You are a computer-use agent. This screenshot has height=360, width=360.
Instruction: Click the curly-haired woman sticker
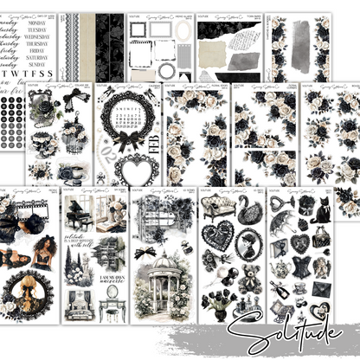(40, 254)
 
